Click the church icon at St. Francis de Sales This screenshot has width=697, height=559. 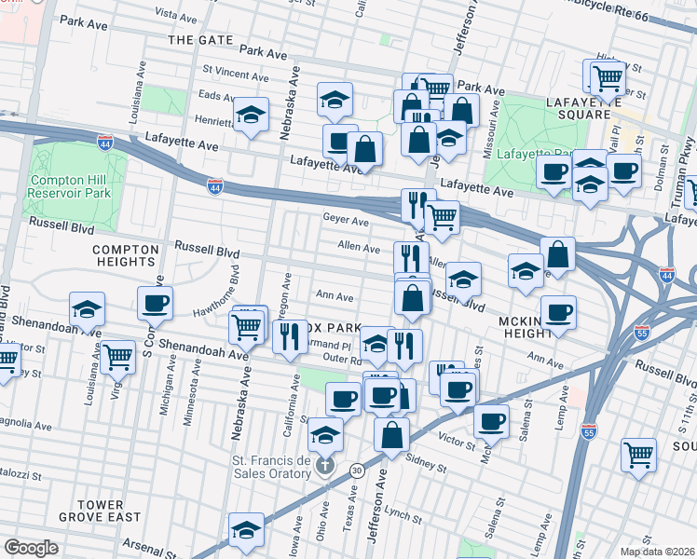(x=324, y=464)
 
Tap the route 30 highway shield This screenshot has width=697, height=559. (x=357, y=471)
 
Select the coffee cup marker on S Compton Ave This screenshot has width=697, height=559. (x=155, y=302)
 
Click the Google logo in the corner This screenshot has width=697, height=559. (x=31, y=547)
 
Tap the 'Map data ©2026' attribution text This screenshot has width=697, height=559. (x=658, y=552)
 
